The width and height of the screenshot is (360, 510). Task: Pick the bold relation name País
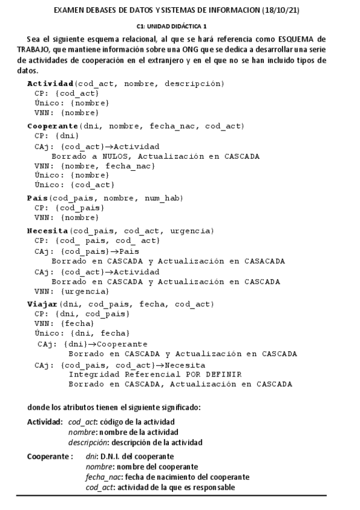pyautogui.click(x=38, y=198)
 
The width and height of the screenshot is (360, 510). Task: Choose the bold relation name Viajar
pyautogui.click(x=42, y=304)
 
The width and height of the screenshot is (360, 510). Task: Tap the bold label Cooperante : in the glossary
pyautogui.click(x=50, y=456)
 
